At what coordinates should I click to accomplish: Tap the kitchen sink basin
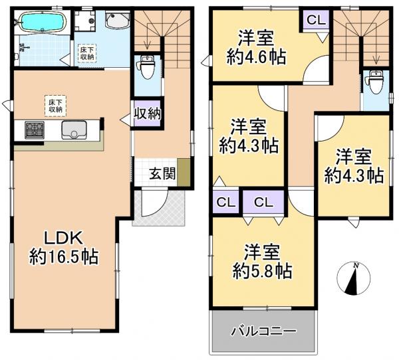click(x=74, y=130)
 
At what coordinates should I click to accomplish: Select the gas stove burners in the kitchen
click(x=35, y=130)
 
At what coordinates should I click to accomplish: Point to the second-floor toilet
click(x=376, y=83)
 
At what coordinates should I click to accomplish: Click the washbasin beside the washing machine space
click(x=117, y=20)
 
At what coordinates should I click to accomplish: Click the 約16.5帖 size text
click(x=64, y=257)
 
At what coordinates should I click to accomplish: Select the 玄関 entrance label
click(x=163, y=174)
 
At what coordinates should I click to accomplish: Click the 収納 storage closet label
click(x=148, y=114)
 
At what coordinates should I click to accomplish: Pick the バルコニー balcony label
click(x=263, y=331)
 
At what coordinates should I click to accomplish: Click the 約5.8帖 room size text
click(x=263, y=271)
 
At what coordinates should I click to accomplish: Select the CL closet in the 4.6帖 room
click(x=317, y=20)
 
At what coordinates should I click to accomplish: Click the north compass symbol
click(x=354, y=278)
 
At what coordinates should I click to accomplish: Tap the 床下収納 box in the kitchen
click(x=55, y=106)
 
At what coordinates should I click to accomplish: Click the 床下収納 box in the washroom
click(x=87, y=53)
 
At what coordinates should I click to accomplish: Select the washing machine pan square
click(x=85, y=21)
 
